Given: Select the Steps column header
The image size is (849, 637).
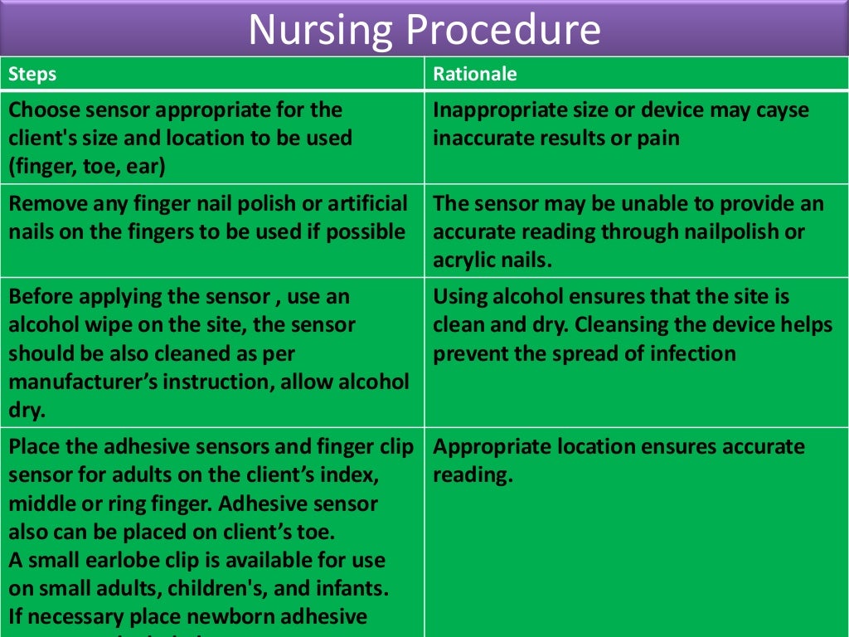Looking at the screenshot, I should [x=32, y=74].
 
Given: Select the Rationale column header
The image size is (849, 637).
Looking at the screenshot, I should [x=474, y=74].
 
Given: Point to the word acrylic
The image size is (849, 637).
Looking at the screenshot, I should [x=466, y=260].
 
